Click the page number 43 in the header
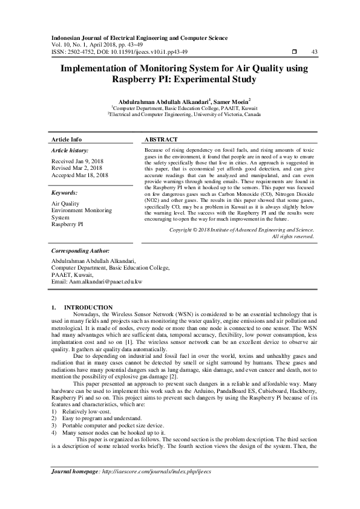click(314, 51)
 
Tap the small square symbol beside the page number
click(294, 51)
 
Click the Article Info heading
click(67, 139)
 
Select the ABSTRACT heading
click(162, 139)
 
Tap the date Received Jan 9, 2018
click(77, 162)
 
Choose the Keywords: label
click(67, 193)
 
